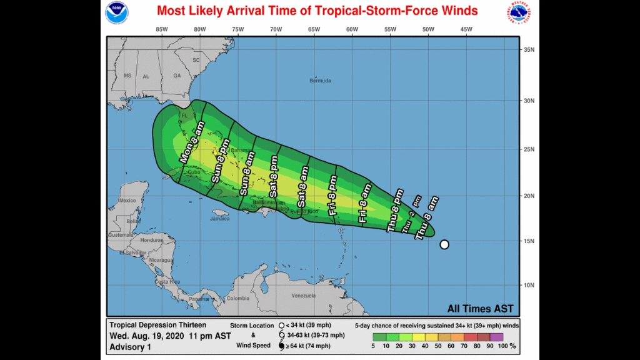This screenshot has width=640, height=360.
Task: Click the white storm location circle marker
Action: (444, 244)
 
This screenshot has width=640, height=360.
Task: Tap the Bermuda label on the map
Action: (321, 81)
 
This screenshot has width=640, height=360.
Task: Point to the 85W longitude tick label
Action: (162, 29)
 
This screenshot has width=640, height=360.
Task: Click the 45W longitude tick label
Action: (466, 29)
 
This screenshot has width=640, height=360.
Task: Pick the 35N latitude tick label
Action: (529, 50)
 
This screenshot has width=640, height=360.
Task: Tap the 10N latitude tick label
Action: (529, 286)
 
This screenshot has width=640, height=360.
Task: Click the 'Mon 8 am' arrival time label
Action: (192, 143)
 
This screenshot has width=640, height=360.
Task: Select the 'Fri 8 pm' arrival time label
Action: (332, 196)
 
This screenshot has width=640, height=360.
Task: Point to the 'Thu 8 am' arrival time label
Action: (427, 217)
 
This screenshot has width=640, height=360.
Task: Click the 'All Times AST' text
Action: (480, 309)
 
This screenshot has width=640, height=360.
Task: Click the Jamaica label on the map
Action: (219, 219)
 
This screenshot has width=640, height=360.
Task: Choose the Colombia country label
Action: (237, 298)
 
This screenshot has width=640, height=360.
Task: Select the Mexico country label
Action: (127, 201)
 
